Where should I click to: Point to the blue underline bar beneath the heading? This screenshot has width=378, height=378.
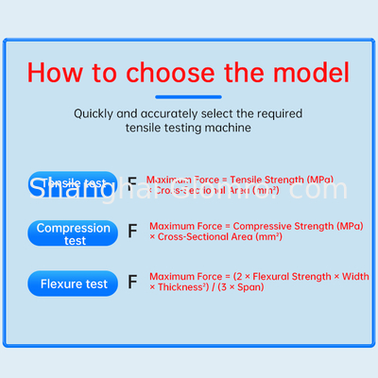tap(189, 96)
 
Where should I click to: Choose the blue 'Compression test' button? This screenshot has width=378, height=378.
tap(74, 233)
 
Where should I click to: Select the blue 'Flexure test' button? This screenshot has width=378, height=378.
tap(74, 283)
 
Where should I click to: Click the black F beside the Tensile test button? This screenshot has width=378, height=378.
tap(132, 184)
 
